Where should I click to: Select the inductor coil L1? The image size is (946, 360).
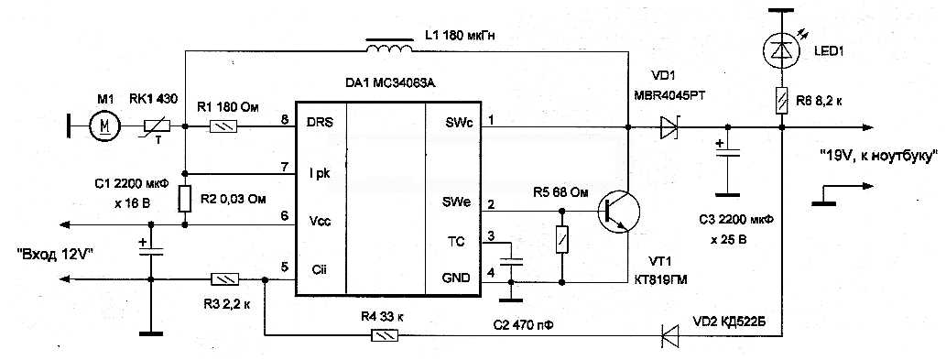point(389,45)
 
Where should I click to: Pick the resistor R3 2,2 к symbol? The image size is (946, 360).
point(224,278)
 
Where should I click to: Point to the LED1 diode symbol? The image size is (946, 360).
point(780,51)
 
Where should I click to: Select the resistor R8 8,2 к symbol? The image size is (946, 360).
point(780,99)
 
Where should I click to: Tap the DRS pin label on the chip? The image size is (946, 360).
point(320,122)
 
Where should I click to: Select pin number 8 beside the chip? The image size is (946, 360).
point(285,119)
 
